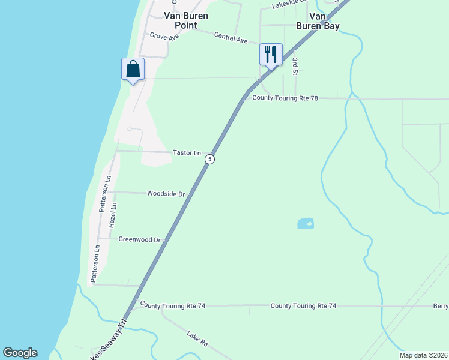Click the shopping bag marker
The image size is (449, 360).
tap(133, 69)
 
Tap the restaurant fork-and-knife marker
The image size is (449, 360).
tap(270, 55)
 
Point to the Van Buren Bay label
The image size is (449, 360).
tap(318, 21)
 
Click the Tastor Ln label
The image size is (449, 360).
tap(187, 153)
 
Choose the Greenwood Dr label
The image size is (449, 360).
tap(140, 239)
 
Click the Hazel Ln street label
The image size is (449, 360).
tap(113, 214)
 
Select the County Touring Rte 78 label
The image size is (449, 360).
tap(285, 98)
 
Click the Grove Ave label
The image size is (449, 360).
tap(164, 37)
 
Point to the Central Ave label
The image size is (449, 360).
tap(231, 38)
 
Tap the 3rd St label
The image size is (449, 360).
tap(295, 67)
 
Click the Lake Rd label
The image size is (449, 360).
tap(197, 338)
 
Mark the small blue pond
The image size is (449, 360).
tap(306, 224)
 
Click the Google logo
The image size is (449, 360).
tap(20, 353)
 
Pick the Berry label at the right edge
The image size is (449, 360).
tap(441, 305)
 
